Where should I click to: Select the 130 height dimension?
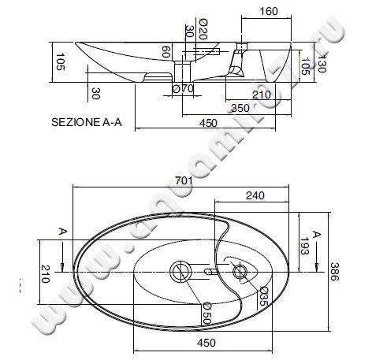coord(322,58)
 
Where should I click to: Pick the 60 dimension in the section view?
coord(166,54)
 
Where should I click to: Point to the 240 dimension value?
coord(254,195)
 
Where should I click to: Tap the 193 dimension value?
coord(303,246)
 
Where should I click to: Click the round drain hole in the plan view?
coord(180,272)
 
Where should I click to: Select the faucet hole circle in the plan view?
coord(240,273)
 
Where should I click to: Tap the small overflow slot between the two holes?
coord(209,272)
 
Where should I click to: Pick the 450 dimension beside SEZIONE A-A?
coord(207,123)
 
